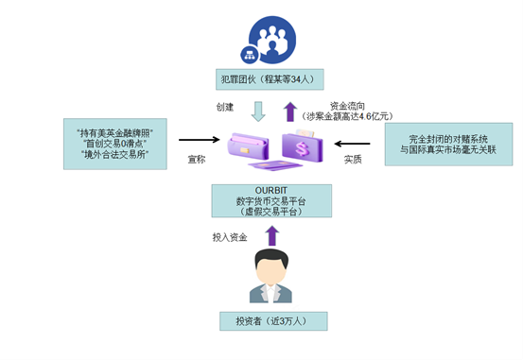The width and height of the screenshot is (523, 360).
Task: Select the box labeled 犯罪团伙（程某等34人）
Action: (x=270, y=79)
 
